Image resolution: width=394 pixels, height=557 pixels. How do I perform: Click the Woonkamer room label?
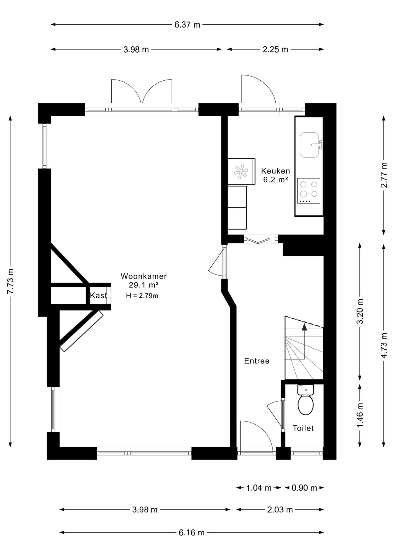[144, 276]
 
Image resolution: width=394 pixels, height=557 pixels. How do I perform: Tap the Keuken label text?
[276, 171]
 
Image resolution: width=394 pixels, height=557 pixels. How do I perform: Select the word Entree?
[257, 361]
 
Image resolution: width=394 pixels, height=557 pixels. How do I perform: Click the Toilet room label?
[303, 428]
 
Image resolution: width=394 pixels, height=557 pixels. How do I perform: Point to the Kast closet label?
[98, 295]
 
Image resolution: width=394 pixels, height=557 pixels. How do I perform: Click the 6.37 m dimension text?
[187, 25]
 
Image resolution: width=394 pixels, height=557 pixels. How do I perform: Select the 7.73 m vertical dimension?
[10, 281]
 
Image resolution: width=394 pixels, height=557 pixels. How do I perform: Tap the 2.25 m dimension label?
[275, 49]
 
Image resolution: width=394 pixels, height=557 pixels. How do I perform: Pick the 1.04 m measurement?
[259, 488]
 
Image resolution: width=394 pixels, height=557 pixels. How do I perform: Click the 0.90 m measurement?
[304, 488]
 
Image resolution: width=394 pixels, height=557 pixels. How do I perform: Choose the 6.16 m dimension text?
[191, 533]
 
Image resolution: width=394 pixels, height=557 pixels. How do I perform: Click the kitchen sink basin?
[309, 145]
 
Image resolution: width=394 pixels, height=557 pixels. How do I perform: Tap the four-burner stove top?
[309, 191]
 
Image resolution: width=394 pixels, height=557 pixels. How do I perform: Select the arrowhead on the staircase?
[304, 327]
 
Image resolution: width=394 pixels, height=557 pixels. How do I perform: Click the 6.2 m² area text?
[275, 180]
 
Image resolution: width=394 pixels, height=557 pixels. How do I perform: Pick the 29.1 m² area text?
[144, 285]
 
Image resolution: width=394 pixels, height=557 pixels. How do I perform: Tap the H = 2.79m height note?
[142, 296]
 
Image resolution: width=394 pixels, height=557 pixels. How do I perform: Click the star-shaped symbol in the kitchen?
[241, 171]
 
